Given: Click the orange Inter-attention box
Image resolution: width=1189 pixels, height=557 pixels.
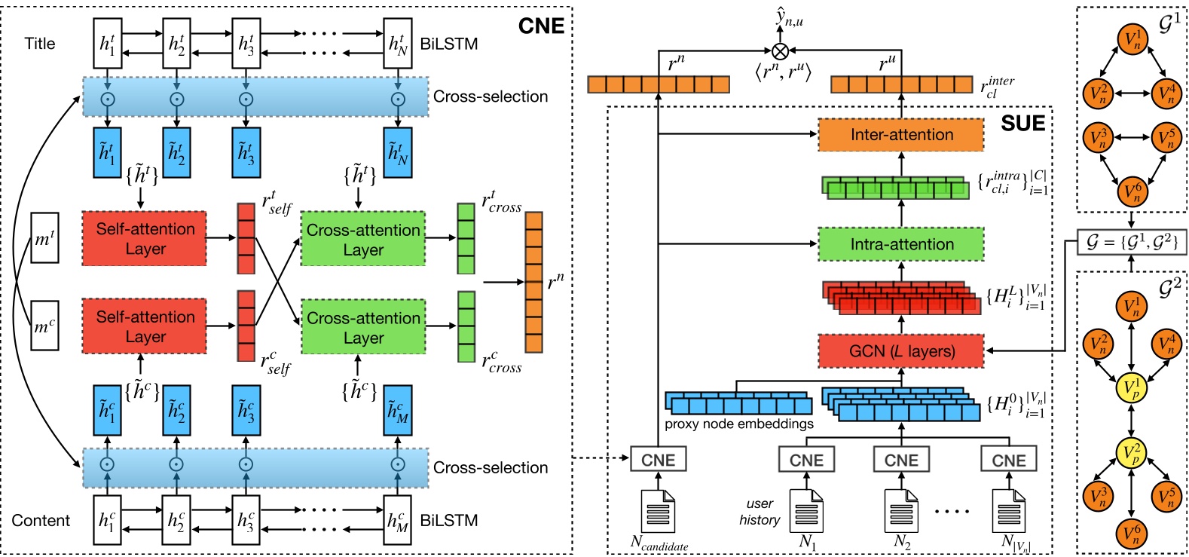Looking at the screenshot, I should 900,135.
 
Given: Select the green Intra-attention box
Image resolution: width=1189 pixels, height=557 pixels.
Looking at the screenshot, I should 900,244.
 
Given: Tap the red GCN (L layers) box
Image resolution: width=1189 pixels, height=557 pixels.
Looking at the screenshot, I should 900,351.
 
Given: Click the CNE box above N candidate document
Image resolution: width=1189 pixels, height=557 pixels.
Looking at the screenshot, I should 658,459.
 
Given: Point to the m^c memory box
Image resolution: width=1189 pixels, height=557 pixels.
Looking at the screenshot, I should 44,326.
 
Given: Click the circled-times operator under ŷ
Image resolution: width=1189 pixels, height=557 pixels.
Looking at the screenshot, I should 781,50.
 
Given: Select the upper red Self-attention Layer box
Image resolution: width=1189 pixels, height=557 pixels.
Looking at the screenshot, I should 145,238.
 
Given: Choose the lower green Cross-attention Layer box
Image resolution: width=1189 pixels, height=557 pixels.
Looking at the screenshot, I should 363,328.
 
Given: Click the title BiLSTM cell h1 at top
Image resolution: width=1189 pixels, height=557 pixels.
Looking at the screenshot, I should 107,44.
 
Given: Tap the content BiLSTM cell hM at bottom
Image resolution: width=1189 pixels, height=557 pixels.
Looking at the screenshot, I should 398,519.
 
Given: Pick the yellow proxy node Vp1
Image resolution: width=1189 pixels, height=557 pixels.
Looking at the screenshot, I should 1131,388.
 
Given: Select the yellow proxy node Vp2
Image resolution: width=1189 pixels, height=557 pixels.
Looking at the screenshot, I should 1131,453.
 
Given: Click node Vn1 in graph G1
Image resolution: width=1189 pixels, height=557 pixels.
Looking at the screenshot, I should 1132,40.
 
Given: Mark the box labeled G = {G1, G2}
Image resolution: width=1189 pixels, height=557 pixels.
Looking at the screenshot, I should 1131,242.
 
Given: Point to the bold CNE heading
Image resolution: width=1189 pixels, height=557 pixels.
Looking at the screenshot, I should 541,26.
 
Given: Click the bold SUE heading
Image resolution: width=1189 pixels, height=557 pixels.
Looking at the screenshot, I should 1022,124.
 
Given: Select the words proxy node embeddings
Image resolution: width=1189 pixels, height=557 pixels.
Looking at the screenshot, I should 738,424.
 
